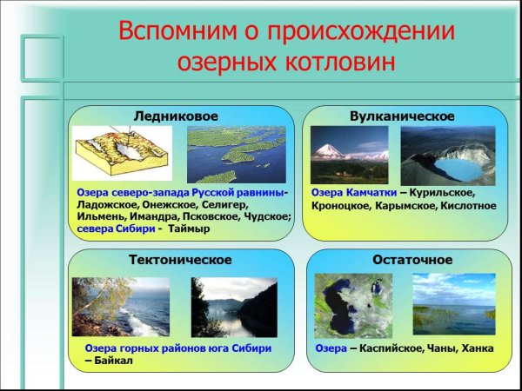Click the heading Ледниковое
pyautogui.click(x=176, y=116)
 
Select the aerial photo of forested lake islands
pyautogui.click(x=236, y=154)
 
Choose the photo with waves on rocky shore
pyautogui.click(x=121, y=306)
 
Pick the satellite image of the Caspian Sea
pyautogui.click(x=353, y=304)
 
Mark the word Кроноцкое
pyautogui.click(x=341, y=207)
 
